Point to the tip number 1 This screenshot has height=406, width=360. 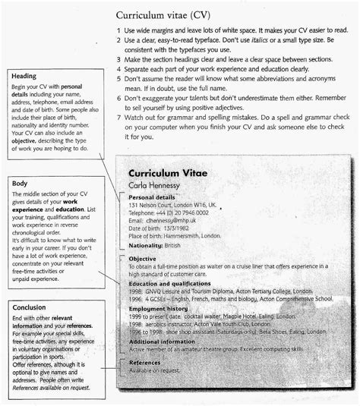pos(119,30)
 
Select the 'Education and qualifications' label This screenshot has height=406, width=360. pos(174,283)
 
